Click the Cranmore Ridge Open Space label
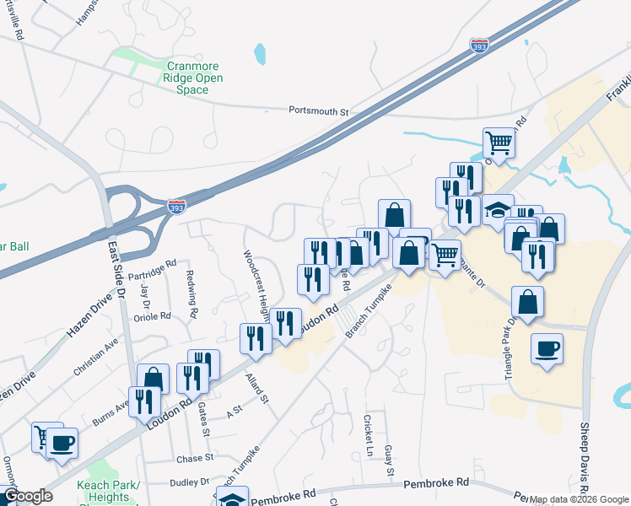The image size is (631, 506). tap(193, 78)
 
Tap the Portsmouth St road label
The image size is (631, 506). tap(318, 110)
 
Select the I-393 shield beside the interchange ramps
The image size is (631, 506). tap(176, 206)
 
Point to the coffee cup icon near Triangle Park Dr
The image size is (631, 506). tap(547, 348)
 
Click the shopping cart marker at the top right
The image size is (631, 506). tap(499, 143)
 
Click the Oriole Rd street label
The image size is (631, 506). tap(152, 317)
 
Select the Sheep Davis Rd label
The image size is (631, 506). tap(584, 455)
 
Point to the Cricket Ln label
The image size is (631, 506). tap(368, 432)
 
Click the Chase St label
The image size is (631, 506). tap(196, 459)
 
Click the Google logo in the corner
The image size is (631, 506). tap(28, 496)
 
